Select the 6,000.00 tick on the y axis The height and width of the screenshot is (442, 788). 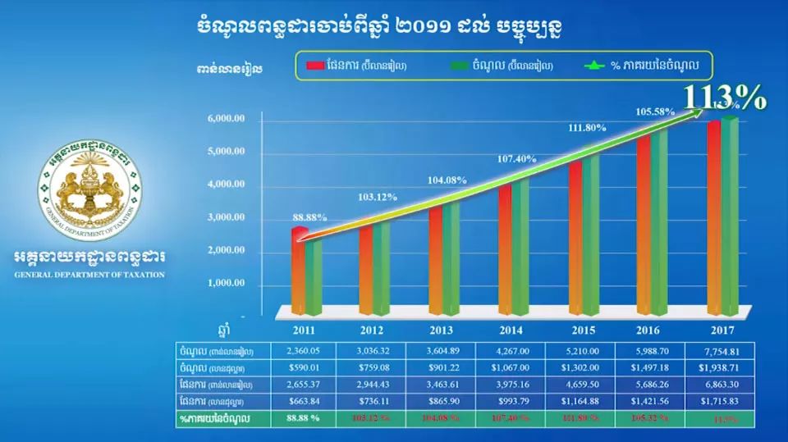228,120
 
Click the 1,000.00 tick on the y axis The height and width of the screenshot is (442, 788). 228,285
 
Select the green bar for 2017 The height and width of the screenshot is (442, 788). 729,213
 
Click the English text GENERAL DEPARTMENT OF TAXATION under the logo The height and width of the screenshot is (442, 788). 89,274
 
